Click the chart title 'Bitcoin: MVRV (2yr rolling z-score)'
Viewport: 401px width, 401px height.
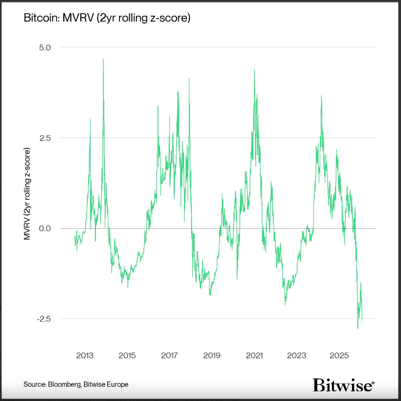[x=107, y=19]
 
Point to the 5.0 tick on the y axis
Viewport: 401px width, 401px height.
[x=51, y=47]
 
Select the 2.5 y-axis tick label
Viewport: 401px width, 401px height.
[x=51, y=138]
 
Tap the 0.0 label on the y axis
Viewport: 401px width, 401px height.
[x=51, y=228]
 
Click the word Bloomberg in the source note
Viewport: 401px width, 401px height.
[x=67, y=384]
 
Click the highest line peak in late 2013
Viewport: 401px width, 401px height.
[x=103, y=60]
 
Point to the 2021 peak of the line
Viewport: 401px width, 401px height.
[x=255, y=71]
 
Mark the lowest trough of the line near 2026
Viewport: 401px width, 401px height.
[x=358, y=328]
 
